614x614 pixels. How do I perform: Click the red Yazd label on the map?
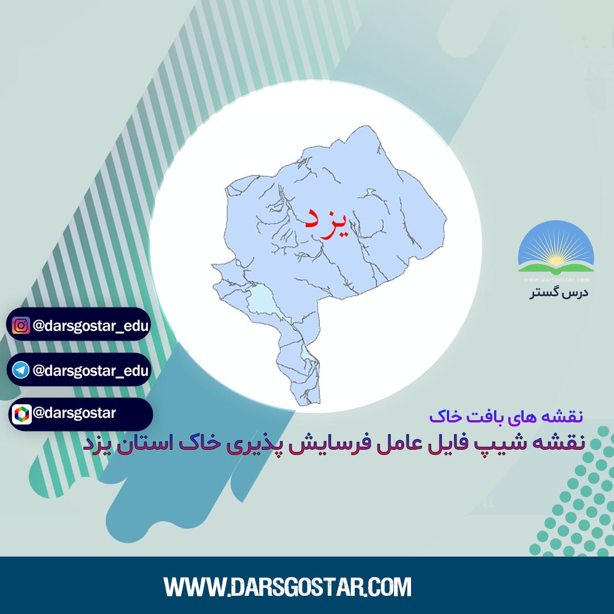[326, 222]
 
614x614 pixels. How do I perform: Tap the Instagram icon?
[21, 325]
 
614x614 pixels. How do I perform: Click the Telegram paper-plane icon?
[21, 370]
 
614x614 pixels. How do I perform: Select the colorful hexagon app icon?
[22, 414]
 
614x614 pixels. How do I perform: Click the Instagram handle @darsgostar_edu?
[91, 326]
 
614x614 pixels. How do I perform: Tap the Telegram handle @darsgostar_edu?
[91, 371]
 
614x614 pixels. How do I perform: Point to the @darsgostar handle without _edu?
[74, 413]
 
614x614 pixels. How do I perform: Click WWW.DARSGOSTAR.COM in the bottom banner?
[288, 587]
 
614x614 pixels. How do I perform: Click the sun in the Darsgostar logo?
[556, 260]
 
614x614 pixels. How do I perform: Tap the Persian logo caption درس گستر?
[559, 293]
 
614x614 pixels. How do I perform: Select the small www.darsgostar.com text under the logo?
[556, 280]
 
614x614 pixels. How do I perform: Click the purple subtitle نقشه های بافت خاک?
[506, 416]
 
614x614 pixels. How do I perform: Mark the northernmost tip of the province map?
[367, 126]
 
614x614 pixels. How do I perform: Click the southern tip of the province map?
[309, 405]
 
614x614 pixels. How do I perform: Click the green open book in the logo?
[556, 268]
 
